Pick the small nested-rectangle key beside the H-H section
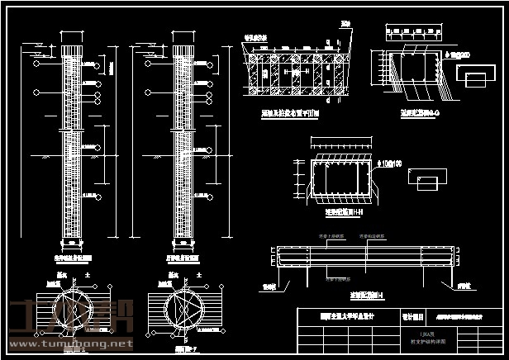pos(429,181)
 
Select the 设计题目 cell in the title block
pos(412,315)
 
